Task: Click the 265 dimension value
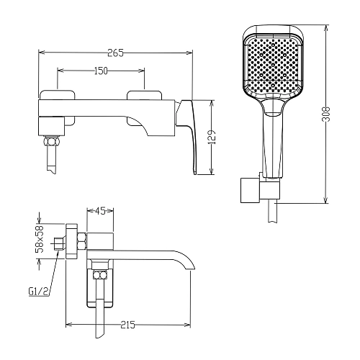tap(115, 53)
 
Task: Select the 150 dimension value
tap(100, 71)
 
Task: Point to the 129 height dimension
tap(212, 138)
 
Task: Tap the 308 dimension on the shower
tap(326, 114)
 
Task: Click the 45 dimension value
tap(100, 211)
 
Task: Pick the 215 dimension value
tap(128, 325)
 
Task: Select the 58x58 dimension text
tap(40, 239)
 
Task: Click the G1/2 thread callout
tap(38, 292)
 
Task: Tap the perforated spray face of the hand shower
tap(272, 64)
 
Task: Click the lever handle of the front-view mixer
tap(189, 135)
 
